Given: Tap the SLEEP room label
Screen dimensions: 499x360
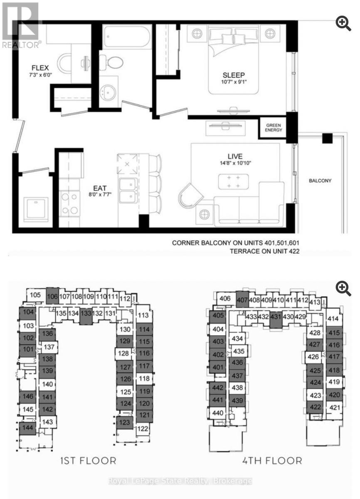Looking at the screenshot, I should click(x=233, y=75).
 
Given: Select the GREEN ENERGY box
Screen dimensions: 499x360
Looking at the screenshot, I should click(x=274, y=127).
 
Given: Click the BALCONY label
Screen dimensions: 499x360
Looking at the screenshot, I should click(x=320, y=181).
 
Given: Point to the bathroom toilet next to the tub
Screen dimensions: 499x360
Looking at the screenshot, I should click(x=112, y=63).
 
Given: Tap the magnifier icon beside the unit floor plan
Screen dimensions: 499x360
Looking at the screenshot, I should click(x=343, y=24).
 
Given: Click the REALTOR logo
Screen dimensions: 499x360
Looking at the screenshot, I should click(x=20, y=25).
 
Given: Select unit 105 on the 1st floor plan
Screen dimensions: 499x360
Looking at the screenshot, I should click(x=36, y=295).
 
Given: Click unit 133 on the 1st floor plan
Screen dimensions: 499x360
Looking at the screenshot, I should click(x=86, y=313).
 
